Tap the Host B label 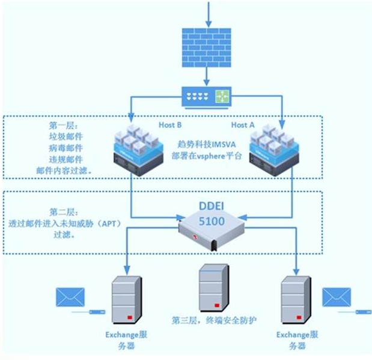click(171, 125)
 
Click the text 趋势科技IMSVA click(206, 144)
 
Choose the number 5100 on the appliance click(212, 221)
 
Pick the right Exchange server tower click(296, 299)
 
